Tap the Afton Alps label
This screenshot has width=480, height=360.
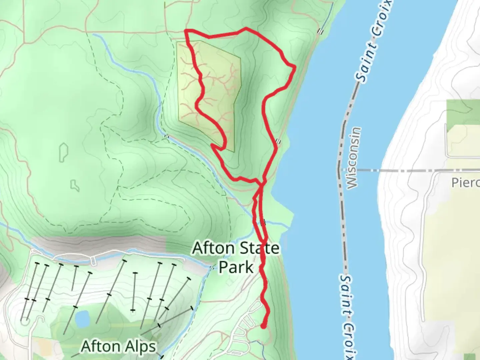(x=118, y=347)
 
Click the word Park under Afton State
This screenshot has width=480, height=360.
(x=236, y=267)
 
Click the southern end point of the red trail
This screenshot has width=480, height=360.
(x=263, y=326)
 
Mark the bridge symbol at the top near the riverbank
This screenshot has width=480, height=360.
(x=321, y=32)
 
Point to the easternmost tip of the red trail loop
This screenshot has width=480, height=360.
(x=295, y=68)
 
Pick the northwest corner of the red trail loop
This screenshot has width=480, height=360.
(x=186, y=31)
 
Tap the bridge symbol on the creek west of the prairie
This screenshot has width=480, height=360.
(x=166, y=136)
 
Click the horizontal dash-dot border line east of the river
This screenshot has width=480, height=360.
(x=400, y=170)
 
